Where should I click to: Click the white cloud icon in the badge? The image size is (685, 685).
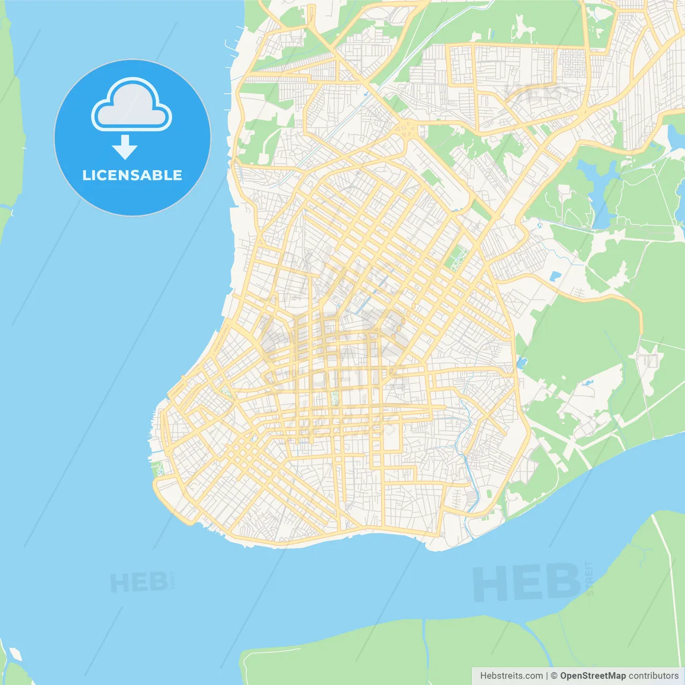coord(132,105)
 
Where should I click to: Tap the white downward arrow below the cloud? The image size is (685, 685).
coord(125,147)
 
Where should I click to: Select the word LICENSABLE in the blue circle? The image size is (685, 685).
coord(132,175)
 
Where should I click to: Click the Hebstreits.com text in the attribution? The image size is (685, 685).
coord(511,676)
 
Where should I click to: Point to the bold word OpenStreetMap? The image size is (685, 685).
coord(593,676)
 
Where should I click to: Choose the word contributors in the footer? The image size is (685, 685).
coord(653,676)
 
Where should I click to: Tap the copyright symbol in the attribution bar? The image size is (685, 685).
coord(554,676)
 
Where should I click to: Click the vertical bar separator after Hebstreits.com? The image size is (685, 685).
coord(547,676)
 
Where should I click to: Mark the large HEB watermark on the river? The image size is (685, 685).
coord(527,582)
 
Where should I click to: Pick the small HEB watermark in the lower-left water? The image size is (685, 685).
coord(138,582)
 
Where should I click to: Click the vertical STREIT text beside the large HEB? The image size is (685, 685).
coord(589,578)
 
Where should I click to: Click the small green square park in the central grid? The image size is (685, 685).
coord(335,398)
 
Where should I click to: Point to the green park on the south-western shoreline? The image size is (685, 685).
coord(158,469)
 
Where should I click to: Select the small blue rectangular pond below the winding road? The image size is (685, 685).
coord(555,277)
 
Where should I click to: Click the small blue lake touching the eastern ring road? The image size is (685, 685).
coord(522,363)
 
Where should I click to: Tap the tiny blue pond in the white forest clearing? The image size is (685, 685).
coord(589,383)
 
